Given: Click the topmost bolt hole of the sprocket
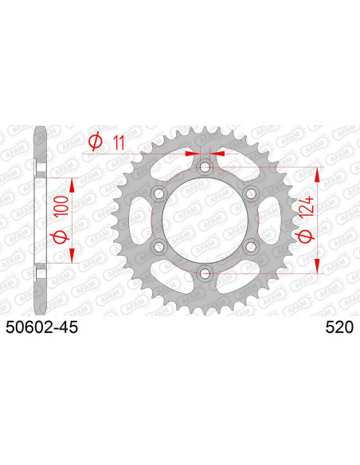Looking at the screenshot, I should point(205,166).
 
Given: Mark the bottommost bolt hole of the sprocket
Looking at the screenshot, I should point(205,274).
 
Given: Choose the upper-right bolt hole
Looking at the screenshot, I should point(251,193).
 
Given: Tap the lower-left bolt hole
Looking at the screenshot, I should point(158,247).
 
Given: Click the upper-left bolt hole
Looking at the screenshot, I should point(158,193).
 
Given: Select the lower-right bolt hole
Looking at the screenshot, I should point(251,247).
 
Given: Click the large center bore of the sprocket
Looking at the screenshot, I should point(205,221).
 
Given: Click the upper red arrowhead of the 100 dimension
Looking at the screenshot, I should point(73,184).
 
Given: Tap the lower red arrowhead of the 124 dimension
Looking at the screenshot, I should point(320,268).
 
